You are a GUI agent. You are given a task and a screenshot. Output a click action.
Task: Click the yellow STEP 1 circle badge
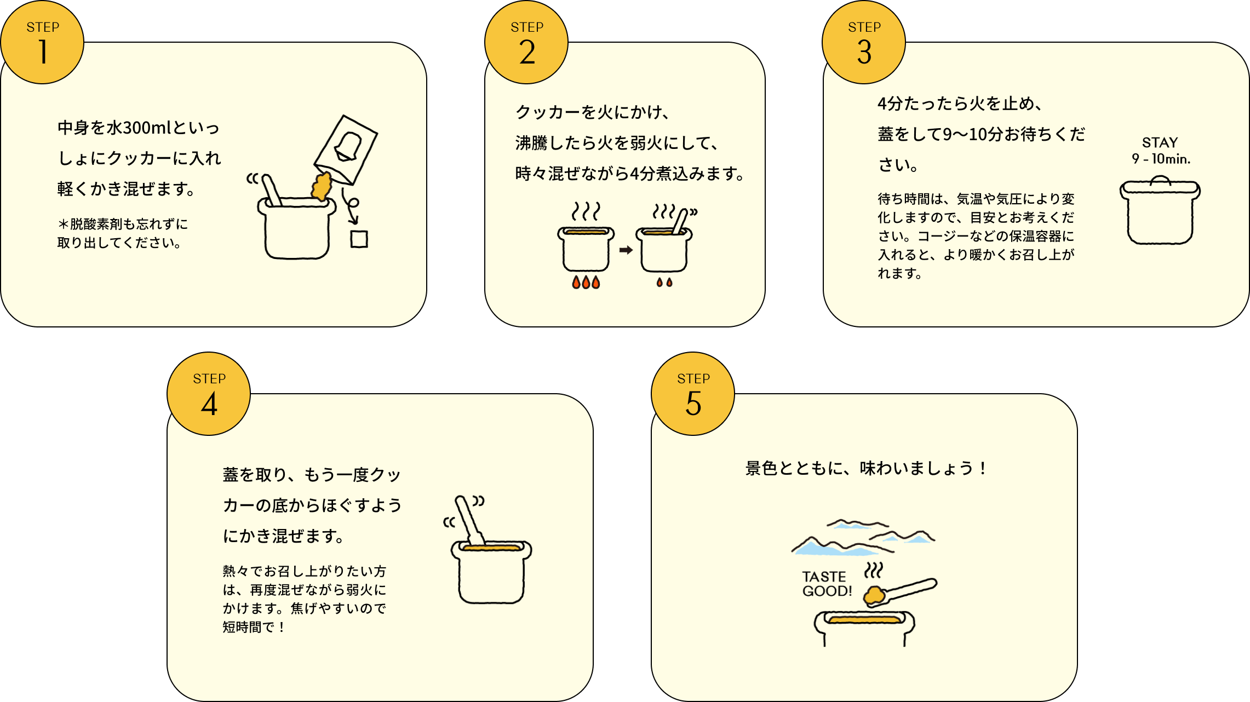pyautogui.click(x=42, y=42)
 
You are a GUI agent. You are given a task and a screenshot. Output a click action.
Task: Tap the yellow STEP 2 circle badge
pyautogui.click(x=526, y=42)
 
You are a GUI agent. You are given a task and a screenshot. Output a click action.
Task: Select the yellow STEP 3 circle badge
pyautogui.click(x=864, y=42)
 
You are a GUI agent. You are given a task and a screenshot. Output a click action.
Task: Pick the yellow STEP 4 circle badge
pyautogui.click(x=209, y=394)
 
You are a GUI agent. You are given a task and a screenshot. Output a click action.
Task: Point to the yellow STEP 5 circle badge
pyautogui.click(x=693, y=394)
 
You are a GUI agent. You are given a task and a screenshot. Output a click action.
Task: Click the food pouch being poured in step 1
pyautogui.click(x=346, y=149)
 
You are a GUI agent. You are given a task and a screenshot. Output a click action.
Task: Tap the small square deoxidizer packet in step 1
pyautogui.click(x=359, y=239)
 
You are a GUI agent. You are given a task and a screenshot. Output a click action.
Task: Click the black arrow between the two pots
pyautogui.click(x=626, y=250)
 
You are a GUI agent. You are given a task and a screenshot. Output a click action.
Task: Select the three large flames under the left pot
pyautogui.click(x=586, y=282)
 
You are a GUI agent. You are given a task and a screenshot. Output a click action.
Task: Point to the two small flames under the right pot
pyautogui.click(x=664, y=282)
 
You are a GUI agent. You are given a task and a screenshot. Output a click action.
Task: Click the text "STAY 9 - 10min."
pyautogui.click(x=1161, y=151)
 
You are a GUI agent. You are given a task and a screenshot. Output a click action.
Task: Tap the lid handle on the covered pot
pyautogui.click(x=1160, y=181)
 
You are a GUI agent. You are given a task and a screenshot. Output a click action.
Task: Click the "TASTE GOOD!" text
pyautogui.click(x=827, y=584)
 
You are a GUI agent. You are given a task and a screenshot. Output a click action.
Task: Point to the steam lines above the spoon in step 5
pyautogui.click(x=874, y=570)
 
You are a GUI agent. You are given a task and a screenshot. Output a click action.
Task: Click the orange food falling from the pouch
pyautogui.click(x=322, y=186)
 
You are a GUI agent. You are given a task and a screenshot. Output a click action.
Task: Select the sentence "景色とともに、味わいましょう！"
pyautogui.click(x=866, y=468)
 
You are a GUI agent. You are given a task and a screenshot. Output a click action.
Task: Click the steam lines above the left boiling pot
pyautogui.click(x=586, y=211)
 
